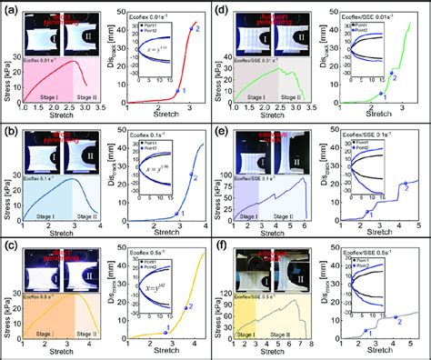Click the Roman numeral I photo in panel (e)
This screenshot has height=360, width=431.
point(249,149)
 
